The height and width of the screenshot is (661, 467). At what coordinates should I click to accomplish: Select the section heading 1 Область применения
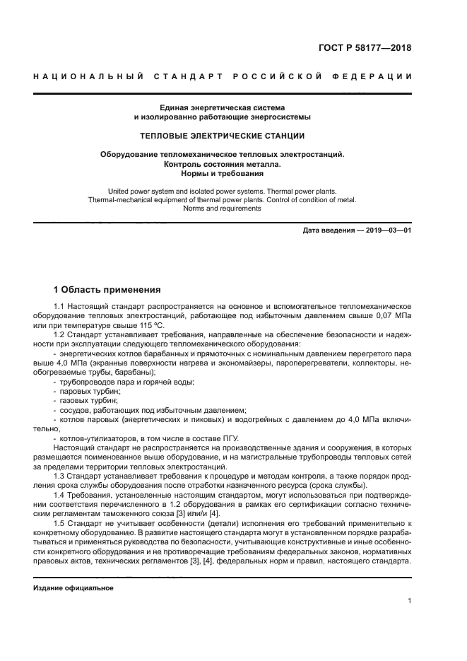click(107, 289)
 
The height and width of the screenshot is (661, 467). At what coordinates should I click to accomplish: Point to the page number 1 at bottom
click(409, 602)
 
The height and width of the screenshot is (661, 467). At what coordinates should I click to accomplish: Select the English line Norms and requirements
click(222, 209)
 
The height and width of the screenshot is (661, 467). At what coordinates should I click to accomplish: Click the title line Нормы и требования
click(222, 174)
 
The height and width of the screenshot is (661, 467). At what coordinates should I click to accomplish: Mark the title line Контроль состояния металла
click(222, 164)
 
